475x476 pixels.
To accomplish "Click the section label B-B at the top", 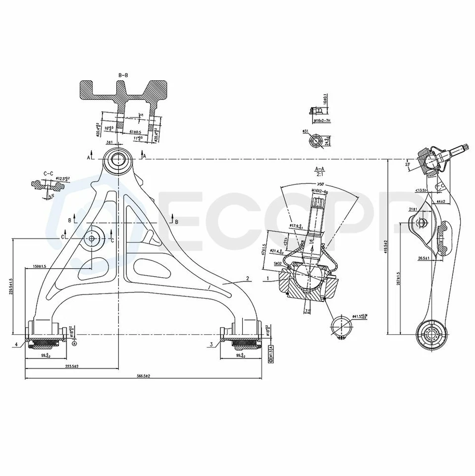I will [x=123, y=75].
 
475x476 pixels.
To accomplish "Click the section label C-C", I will [x=49, y=173].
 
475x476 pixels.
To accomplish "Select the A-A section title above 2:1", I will [x=319, y=169].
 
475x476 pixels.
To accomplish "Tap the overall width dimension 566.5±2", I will [x=143, y=376].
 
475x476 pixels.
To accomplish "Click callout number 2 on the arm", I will [x=247, y=279].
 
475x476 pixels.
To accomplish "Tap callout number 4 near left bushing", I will [x=16, y=344].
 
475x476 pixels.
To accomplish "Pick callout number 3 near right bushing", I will [x=211, y=344].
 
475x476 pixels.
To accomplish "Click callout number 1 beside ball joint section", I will [x=267, y=279].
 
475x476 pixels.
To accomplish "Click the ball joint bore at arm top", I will [x=118, y=160].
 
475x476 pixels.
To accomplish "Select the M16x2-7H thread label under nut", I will [x=321, y=120].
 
